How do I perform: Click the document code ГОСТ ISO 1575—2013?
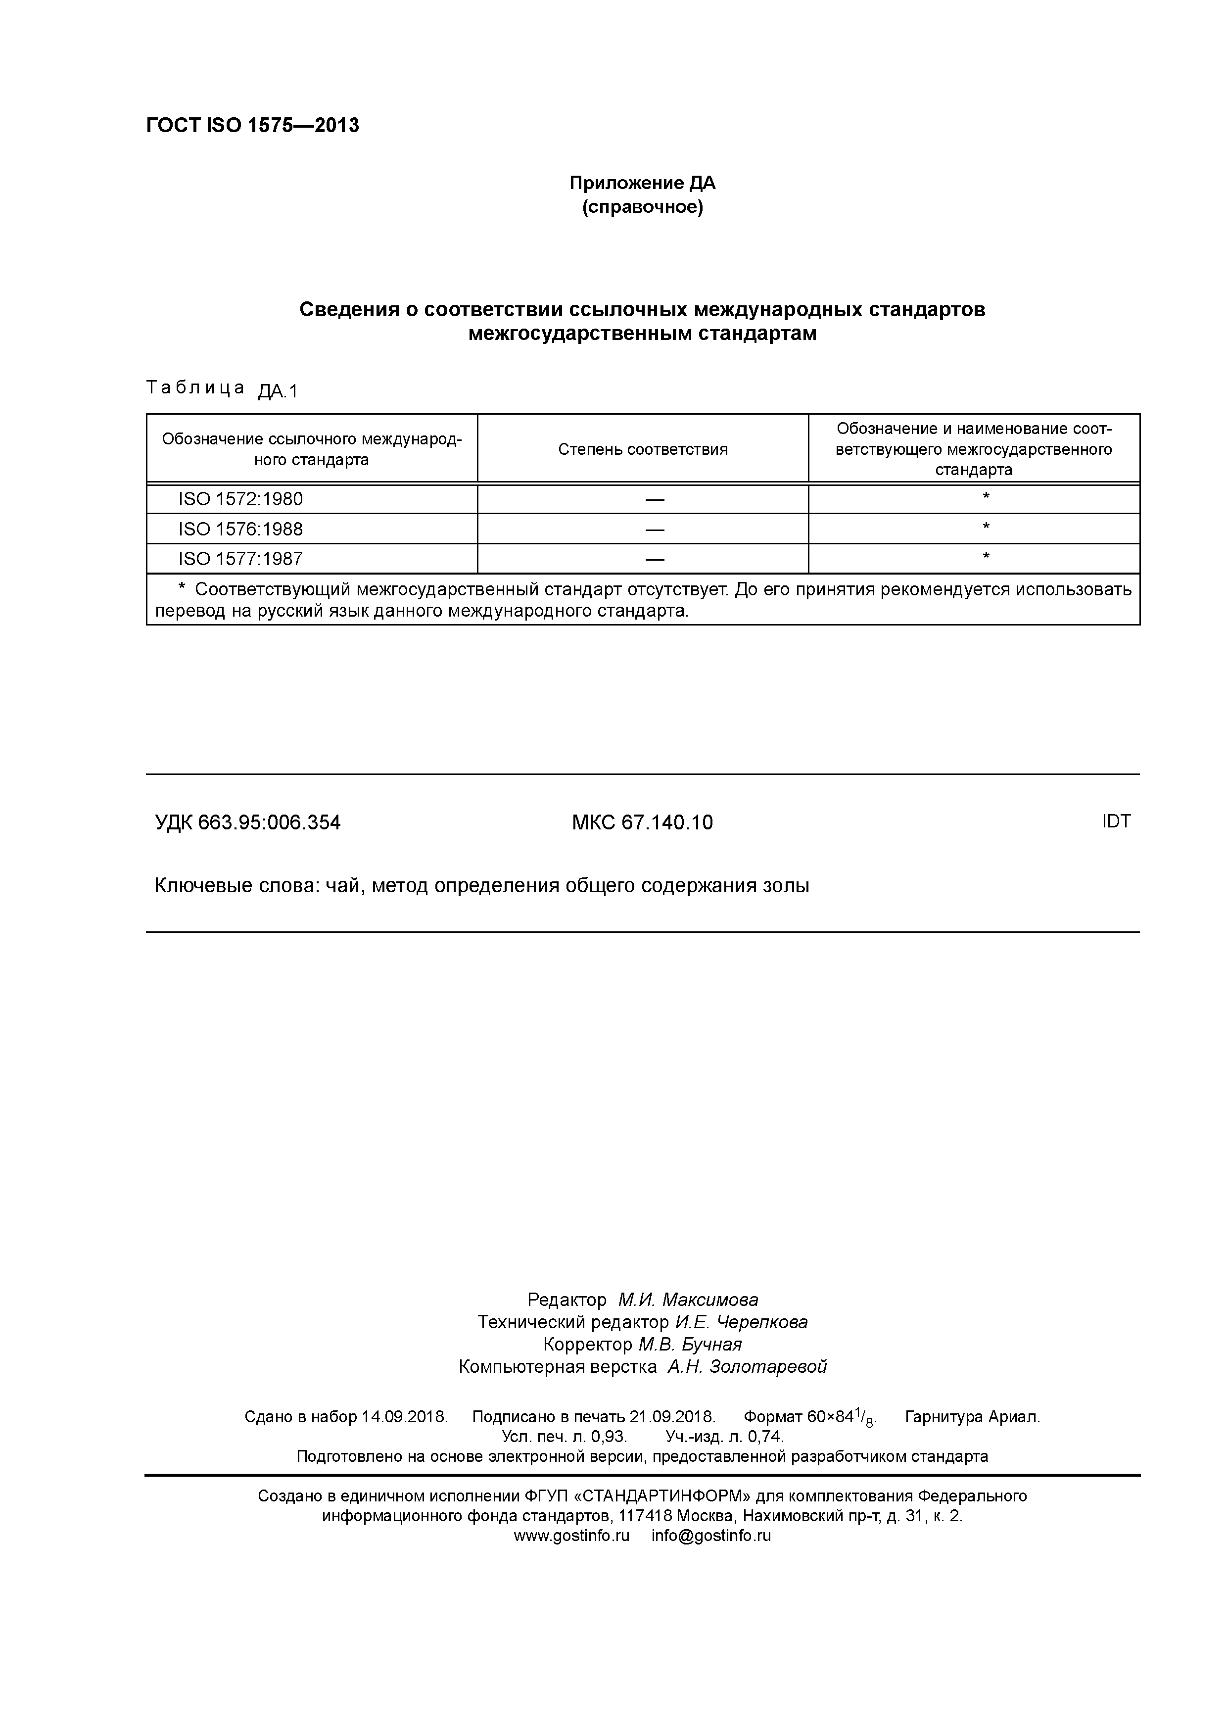point(252,126)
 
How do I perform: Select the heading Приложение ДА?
point(642,183)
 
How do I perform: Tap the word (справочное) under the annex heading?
point(642,207)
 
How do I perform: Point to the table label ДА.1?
point(278,391)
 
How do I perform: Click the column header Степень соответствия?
point(643,449)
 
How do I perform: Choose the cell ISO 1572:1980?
point(240,499)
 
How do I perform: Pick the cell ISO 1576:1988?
point(240,530)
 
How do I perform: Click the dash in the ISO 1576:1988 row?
point(655,530)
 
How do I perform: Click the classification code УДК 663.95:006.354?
point(248,822)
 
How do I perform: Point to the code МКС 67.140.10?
point(642,822)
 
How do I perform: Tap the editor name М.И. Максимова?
point(688,1300)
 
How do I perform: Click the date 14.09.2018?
point(404,1416)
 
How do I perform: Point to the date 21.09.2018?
point(672,1416)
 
